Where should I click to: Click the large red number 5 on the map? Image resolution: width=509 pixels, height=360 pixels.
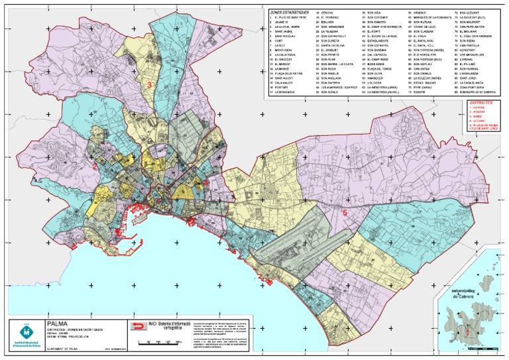pos(345,213)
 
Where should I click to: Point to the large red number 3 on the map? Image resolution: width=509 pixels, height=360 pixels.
pos(150,85)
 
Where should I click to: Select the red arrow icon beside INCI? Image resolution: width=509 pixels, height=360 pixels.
pos(138,326)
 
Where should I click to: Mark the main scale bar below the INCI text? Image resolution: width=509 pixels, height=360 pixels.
pos(160,343)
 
